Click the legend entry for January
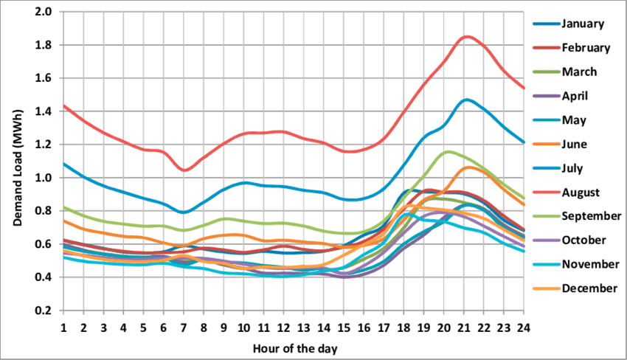583,24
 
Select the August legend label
580,193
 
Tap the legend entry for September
589,216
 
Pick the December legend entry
588,288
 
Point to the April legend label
575,96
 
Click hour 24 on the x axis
523,327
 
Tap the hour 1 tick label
63,327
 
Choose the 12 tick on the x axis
283,327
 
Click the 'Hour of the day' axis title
294,346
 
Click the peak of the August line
466,36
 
